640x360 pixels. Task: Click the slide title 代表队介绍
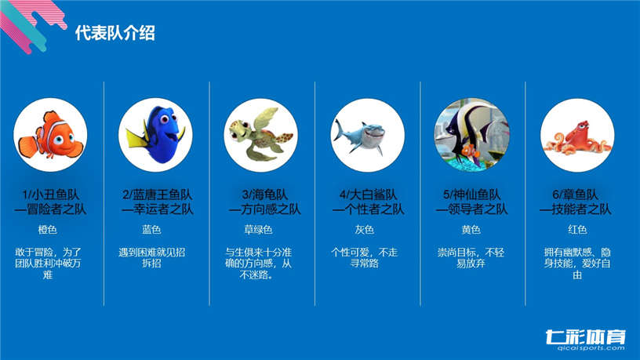click(115, 33)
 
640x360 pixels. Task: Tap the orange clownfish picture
click(50, 135)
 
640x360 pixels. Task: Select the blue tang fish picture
click(155, 135)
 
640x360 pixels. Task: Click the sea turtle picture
click(261, 135)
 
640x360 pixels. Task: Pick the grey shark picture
click(367, 135)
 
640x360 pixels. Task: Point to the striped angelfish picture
click(472, 135)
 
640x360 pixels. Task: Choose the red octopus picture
click(577, 135)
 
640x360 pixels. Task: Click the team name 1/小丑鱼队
click(51, 195)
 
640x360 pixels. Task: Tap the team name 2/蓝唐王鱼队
click(157, 195)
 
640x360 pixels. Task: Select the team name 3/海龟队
click(265, 195)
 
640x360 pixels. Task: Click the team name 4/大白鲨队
click(368, 195)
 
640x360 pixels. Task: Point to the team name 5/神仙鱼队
click(472, 195)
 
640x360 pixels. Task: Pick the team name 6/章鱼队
click(576, 195)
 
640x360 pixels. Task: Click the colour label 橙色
click(47, 229)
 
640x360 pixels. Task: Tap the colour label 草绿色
click(258, 229)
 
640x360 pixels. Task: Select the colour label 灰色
click(365, 229)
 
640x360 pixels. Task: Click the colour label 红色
click(577, 229)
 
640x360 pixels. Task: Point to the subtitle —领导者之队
click(471, 209)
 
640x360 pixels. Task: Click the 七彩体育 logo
click(585, 336)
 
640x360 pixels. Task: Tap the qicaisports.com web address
click(591, 348)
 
